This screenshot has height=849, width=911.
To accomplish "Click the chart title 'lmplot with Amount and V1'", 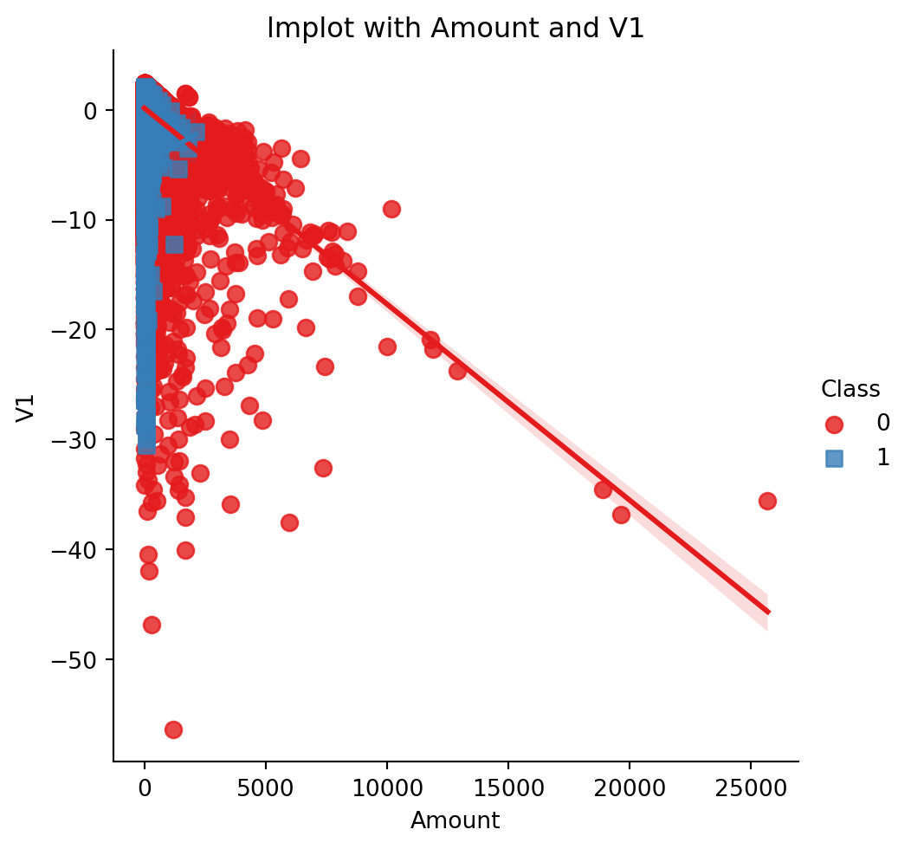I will tap(455, 29).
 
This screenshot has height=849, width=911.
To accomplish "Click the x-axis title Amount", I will tap(455, 820).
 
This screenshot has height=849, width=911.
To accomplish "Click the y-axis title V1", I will tap(26, 407).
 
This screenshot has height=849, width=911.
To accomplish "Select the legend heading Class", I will tap(850, 389).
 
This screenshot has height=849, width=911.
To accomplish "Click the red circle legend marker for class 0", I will tap(834, 424).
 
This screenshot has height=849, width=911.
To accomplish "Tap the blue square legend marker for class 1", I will tap(834, 458).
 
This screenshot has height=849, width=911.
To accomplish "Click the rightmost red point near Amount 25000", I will tap(767, 501).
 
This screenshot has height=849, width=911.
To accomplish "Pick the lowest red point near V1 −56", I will tap(173, 729).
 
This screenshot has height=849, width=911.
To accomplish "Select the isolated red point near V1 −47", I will tap(152, 625).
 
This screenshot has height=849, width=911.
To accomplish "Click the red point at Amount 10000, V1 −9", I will tap(391, 209).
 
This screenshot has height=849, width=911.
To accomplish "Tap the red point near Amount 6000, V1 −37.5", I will tap(289, 522).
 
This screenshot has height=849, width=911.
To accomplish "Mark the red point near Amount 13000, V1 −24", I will tap(457, 371).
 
